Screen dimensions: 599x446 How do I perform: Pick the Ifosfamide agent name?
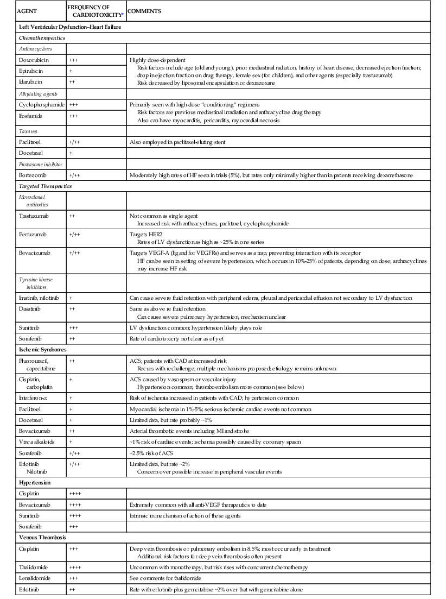pos(31,116)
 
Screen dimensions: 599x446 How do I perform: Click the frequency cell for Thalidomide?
pos(75,567)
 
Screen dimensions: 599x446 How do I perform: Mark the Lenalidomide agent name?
pos(35,578)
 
